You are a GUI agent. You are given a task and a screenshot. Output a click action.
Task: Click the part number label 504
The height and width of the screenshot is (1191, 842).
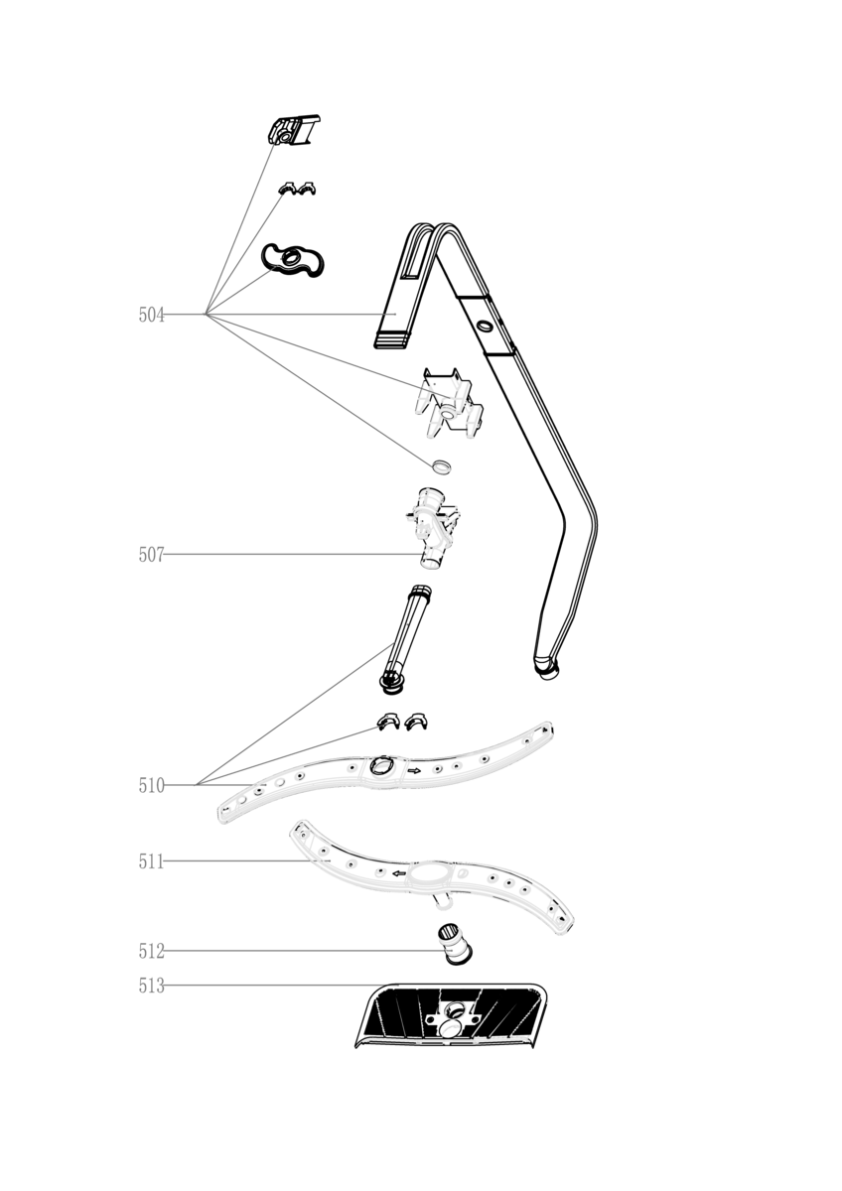152,316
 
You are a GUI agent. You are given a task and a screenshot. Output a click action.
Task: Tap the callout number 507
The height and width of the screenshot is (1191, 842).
152,555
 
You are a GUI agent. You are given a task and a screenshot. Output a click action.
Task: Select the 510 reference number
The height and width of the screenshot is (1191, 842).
152,785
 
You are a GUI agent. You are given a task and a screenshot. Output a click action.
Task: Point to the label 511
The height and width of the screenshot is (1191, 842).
152,861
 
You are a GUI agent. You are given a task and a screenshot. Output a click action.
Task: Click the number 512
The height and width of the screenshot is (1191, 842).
152,951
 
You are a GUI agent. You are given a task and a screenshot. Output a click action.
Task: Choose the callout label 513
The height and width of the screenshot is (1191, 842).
152,986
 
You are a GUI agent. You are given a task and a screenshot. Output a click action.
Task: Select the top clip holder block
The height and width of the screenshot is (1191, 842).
292,129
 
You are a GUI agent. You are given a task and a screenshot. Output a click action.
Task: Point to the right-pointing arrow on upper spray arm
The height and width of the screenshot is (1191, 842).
414,770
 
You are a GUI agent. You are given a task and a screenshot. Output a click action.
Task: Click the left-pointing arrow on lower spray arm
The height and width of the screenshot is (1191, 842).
399,873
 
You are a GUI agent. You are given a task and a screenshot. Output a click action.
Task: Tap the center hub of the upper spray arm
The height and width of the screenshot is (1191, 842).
381,766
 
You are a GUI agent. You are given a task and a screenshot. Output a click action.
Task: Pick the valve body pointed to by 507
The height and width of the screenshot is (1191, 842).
434,528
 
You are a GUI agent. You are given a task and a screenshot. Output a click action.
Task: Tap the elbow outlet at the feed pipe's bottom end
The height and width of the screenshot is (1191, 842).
546,668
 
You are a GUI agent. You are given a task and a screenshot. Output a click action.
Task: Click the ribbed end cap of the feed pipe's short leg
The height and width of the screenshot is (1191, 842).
392,339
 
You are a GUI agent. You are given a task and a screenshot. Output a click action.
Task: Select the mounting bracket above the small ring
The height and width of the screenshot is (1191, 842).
448,403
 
